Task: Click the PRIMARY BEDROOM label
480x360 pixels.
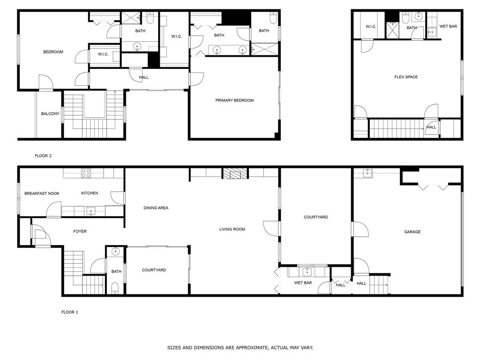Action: (234, 100)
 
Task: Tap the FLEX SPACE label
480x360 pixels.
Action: (406, 77)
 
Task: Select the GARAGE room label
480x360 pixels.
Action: (412, 232)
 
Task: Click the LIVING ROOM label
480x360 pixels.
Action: (232, 229)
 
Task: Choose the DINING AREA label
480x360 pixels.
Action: (156, 208)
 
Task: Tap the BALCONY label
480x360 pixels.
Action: (50, 114)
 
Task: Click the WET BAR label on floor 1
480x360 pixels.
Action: (303, 283)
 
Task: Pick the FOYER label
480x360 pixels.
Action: (80, 231)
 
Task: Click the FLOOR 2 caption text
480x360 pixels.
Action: (43, 156)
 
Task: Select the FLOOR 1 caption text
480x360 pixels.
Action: (70, 312)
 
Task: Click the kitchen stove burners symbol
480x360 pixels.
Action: (86, 173)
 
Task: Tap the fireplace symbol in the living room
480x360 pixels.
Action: (234, 174)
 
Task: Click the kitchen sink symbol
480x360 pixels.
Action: (91, 211)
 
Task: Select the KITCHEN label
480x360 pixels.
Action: (90, 193)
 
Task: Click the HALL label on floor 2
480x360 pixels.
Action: (143, 77)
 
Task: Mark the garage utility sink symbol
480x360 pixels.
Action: (367, 173)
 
